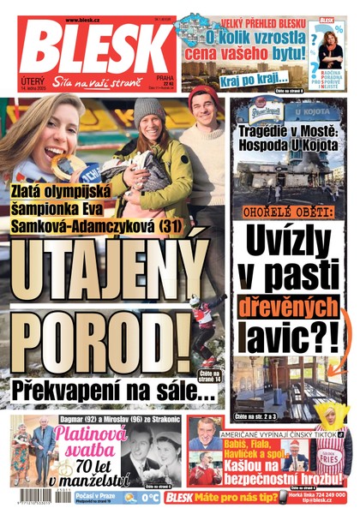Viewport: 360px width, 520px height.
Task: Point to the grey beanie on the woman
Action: tap(149, 111)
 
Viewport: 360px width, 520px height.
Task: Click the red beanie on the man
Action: tap(202, 95)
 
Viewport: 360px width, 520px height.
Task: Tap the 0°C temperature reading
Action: tap(149, 497)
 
